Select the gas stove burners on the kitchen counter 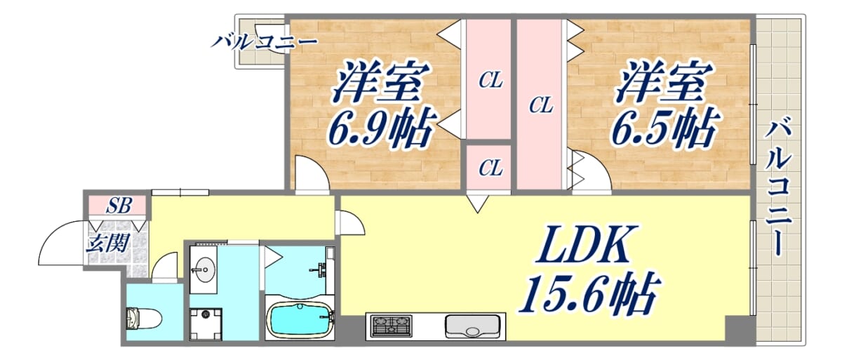point(392,326)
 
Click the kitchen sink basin point(472,326)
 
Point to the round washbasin point(203,269)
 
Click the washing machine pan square point(206,324)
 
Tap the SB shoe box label point(119,206)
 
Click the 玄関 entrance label point(108,243)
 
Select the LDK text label point(585,244)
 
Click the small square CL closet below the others point(488,167)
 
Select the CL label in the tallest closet point(541,105)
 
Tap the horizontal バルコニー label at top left point(265,41)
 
